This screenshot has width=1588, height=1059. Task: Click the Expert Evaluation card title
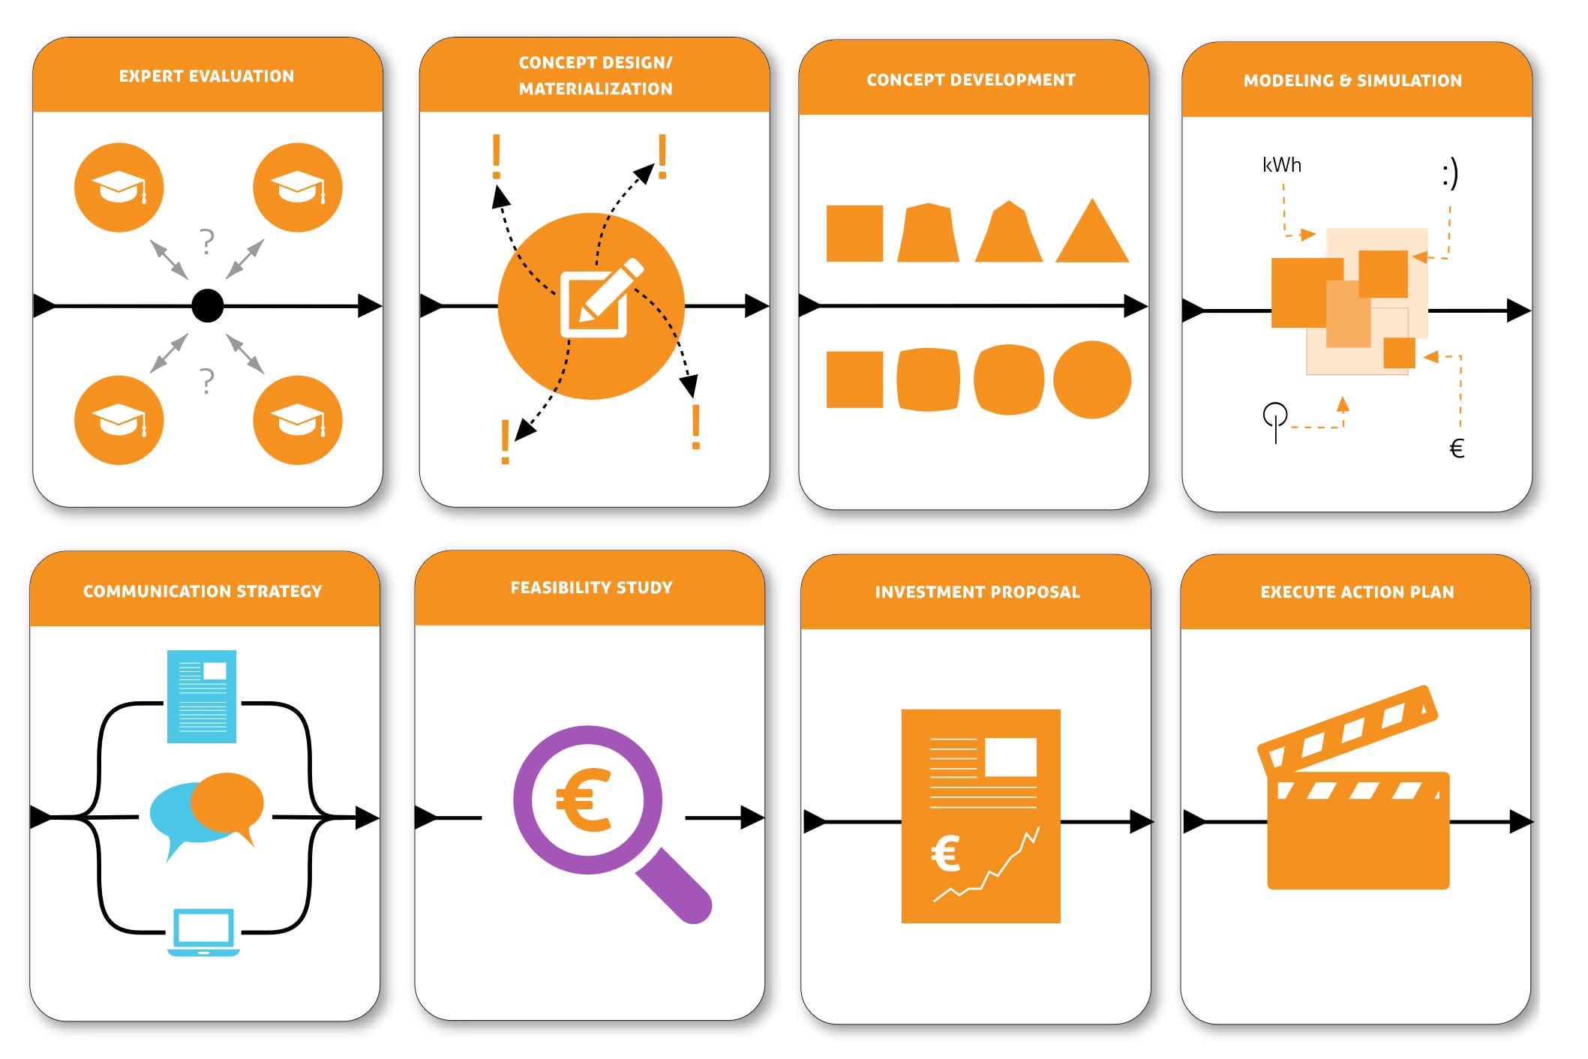click(206, 76)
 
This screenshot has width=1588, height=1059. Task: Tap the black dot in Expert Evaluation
click(208, 306)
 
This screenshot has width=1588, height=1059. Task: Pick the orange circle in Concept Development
click(1092, 379)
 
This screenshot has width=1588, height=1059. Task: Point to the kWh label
click(1281, 166)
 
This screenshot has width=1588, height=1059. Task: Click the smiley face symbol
click(1450, 173)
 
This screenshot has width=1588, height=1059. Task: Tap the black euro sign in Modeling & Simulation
click(1457, 448)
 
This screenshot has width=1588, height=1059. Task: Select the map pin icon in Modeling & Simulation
click(1275, 420)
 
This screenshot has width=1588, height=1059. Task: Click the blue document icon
click(202, 696)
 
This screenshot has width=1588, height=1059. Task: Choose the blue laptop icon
click(203, 932)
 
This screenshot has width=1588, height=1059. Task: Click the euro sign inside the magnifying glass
click(584, 800)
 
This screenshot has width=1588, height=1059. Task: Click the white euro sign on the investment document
click(945, 853)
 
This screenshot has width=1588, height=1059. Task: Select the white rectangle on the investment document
click(1010, 757)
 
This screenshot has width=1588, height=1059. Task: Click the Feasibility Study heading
click(591, 588)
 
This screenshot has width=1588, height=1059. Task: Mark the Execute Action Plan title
click(1357, 592)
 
